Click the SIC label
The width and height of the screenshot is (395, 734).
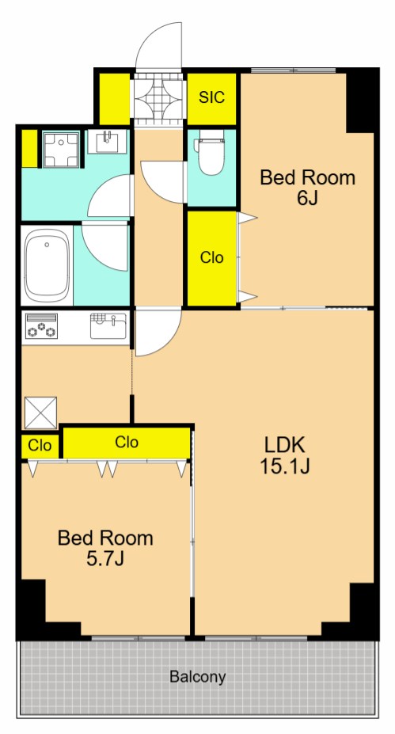211,97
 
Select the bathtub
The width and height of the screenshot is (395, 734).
47,265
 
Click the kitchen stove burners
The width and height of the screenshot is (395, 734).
42,325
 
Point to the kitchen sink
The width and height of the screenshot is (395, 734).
108,325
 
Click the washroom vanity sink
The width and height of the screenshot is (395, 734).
108,142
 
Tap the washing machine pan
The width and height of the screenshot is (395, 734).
60,150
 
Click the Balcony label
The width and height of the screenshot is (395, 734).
198,677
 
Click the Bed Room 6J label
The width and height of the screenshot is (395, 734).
307,188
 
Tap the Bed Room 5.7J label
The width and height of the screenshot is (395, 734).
105,548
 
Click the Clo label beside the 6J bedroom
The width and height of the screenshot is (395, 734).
212,257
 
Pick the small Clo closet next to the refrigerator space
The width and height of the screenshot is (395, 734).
40,446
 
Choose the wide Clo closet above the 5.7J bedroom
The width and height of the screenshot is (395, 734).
127,442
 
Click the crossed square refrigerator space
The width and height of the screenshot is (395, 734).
40,413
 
